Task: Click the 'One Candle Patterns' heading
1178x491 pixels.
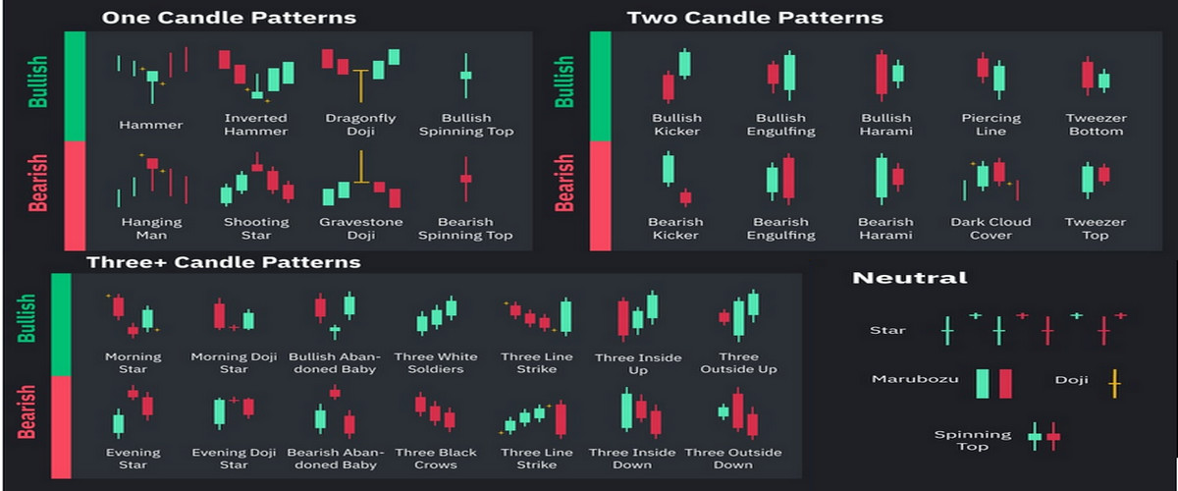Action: pos(229,18)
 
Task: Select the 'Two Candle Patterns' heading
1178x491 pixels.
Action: pos(755,18)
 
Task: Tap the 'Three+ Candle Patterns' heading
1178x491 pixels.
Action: pos(223,262)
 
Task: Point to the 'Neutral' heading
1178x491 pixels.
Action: pos(909,278)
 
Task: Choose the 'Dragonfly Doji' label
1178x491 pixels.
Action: pos(360,125)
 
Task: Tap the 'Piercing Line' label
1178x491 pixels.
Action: pos(991,125)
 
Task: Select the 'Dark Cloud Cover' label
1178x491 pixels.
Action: pos(991,229)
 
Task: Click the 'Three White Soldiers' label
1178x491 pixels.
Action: pos(436,362)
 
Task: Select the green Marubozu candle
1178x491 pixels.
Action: pos(983,383)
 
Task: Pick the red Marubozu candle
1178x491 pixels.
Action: pos(1005,383)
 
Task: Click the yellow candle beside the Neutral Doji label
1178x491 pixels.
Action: pos(1113,382)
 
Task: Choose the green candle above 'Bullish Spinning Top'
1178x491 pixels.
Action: pos(465,76)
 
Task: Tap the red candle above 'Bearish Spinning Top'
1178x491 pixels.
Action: pos(465,179)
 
